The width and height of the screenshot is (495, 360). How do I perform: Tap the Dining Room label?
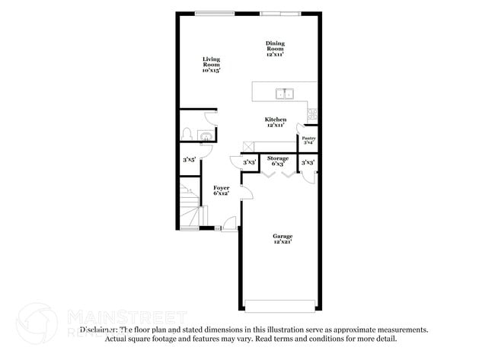tap(275, 46)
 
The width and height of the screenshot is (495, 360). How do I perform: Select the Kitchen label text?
tap(275, 119)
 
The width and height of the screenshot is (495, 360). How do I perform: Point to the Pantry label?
tap(309, 138)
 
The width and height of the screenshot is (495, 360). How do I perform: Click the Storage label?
tap(277, 158)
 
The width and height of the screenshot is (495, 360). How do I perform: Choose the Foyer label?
tap(221, 187)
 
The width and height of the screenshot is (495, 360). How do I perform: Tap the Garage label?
tap(283, 236)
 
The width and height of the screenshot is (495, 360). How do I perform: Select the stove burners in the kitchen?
tap(311, 115)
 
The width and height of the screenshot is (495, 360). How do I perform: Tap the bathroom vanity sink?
tap(205, 137)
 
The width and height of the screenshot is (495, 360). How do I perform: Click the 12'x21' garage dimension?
tap(283, 242)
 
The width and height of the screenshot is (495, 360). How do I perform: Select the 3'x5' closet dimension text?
tap(190, 161)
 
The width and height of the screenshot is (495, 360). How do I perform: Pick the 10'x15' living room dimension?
tap(211, 71)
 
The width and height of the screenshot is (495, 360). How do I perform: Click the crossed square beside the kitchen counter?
tap(247, 145)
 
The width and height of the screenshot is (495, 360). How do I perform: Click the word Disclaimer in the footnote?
tap(99, 330)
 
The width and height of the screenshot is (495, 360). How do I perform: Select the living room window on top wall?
tap(214, 12)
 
